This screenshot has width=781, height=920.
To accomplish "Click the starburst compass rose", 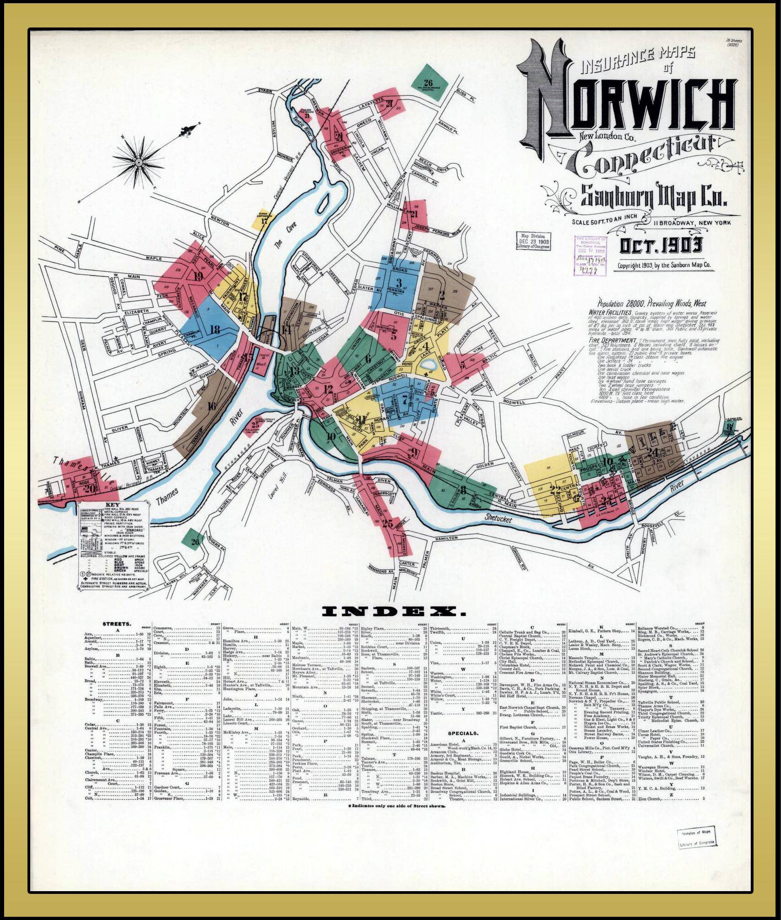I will (x=139, y=161).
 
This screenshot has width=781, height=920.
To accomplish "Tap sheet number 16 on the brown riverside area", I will (x=211, y=405).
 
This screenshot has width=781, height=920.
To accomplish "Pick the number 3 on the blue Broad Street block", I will (x=399, y=282).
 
